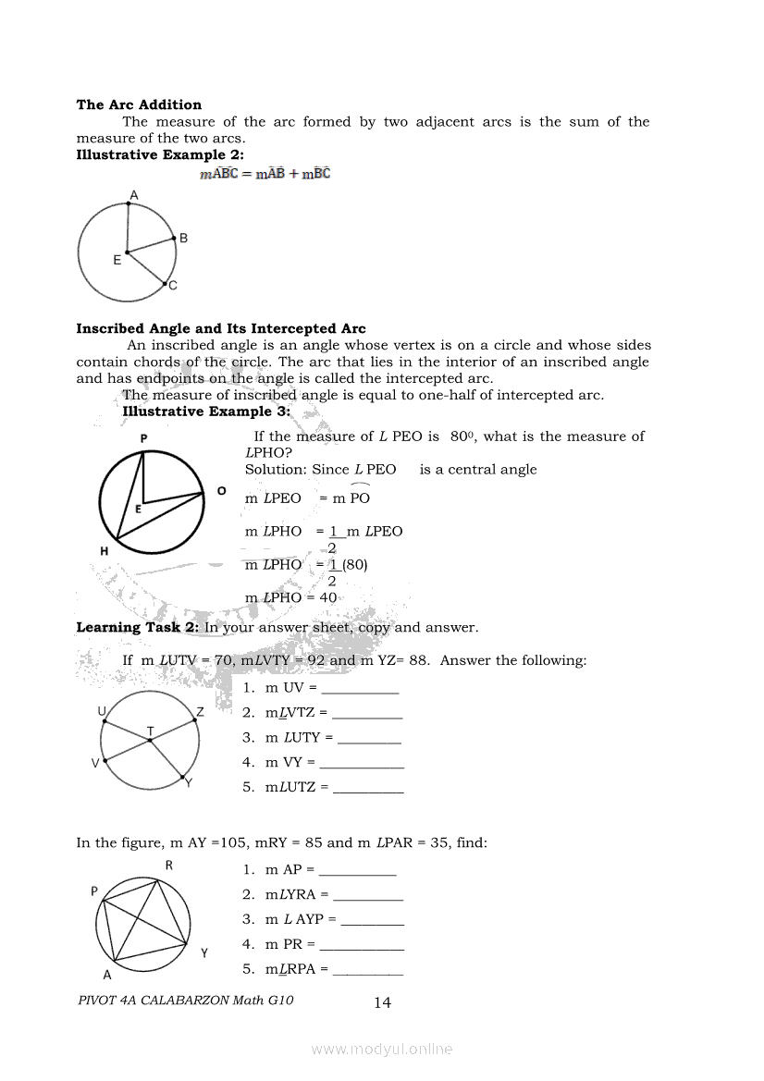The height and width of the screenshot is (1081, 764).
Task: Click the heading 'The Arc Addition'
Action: pyautogui.click(x=139, y=104)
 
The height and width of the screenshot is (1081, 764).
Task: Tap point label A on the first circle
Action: pyautogui.click(x=134, y=194)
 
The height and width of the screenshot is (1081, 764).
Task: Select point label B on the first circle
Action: pyautogui.click(x=184, y=238)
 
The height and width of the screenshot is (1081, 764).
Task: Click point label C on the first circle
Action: pyautogui.click(x=173, y=286)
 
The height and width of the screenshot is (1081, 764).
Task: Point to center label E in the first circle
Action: pyautogui.click(x=117, y=261)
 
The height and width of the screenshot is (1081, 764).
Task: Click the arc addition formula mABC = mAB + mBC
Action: pyautogui.click(x=265, y=173)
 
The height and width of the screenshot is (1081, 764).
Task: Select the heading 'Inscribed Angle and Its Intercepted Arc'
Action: pyautogui.click(x=221, y=328)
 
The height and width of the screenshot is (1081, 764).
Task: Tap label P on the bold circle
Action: pyautogui.click(x=143, y=437)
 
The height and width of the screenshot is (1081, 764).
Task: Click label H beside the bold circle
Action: pyautogui.click(x=105, y=551)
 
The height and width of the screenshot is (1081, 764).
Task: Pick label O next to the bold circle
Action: pyautogui.click(x=222, y=491)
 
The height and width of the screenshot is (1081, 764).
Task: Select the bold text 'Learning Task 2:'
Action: pyautogui.click(x=138, y=627)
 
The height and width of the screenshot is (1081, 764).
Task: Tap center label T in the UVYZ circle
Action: pyautogui.click(x=150, y=731)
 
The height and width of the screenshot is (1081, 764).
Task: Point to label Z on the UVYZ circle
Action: pyautogui.click(x=200, y=712)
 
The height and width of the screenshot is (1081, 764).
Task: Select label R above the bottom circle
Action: pyautogui.click(x=168, y=866)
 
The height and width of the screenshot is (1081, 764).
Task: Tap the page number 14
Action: pyautogui.click(x=382, y=1002)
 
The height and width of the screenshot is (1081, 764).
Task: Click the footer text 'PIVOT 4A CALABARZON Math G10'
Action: pyautogui.click(x=186, y=1000)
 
